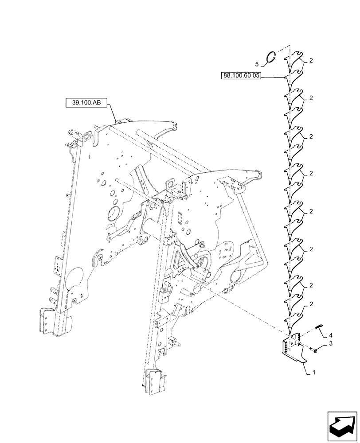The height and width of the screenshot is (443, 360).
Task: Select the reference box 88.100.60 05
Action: [x=241, y=76]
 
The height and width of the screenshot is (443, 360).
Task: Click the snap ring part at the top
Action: [x=272, y=57]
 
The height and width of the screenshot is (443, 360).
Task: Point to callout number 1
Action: [x=314, y=373]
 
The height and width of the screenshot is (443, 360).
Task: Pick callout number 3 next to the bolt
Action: [x=330, y=343]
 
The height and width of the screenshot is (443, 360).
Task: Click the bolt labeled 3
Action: [x=314, y=350]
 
